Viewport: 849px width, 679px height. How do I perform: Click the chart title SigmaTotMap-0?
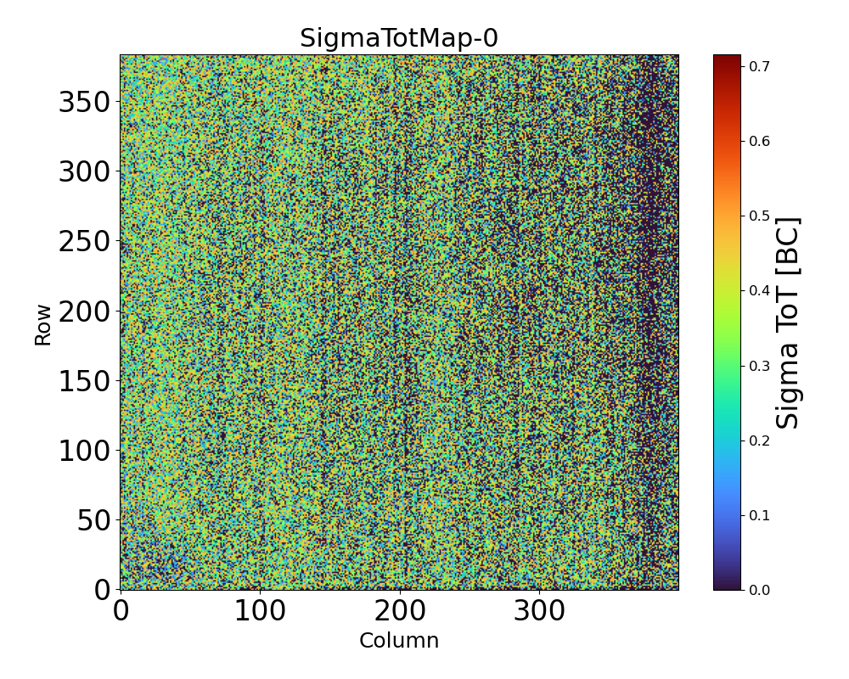[399, 38]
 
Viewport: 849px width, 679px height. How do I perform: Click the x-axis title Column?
[399, 641]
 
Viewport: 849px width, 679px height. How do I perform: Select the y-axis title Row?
[43, 325]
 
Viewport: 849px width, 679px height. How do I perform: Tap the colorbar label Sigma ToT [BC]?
[789, 323]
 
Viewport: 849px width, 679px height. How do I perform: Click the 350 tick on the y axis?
[85, 103]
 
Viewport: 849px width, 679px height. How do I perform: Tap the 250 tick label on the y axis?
[85, 242]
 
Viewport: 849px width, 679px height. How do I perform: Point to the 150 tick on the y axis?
[85, 381]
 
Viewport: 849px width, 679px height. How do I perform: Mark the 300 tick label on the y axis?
[85, 172]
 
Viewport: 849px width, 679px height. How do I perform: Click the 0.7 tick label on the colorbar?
[759, 66]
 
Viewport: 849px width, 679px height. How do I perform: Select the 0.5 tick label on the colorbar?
[759, 216]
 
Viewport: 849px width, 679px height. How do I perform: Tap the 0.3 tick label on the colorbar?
[759, 366]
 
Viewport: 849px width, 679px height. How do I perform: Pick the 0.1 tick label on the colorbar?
[759, 515]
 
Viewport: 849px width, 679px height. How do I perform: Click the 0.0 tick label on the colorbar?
[759, 590]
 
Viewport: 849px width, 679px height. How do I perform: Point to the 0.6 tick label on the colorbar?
[759, 141]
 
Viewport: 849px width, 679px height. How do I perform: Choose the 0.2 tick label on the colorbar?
[759, 441]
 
